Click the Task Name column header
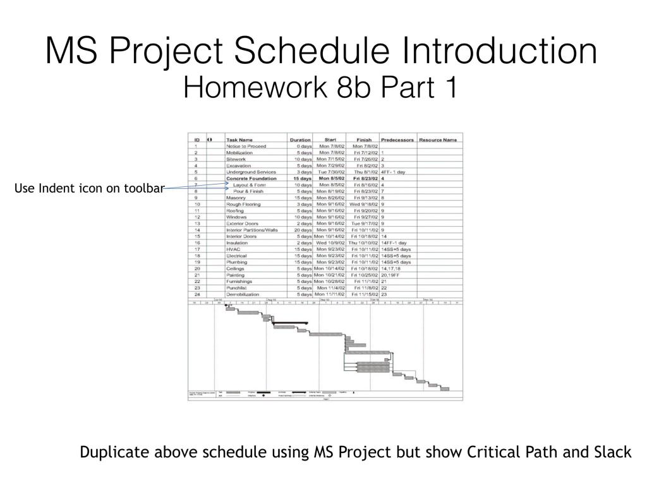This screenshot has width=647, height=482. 239,140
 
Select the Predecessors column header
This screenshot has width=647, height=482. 397,140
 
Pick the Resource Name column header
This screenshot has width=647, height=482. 438,140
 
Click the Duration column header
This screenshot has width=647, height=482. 300,140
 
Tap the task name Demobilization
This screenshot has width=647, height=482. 242,294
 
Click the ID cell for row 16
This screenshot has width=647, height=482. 197,243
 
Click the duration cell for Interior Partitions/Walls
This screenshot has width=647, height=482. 301,230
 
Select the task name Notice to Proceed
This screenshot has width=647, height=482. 246,146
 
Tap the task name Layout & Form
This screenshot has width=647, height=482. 249,184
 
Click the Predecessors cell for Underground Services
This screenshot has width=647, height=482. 393,172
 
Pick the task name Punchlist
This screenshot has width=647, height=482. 238,288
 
